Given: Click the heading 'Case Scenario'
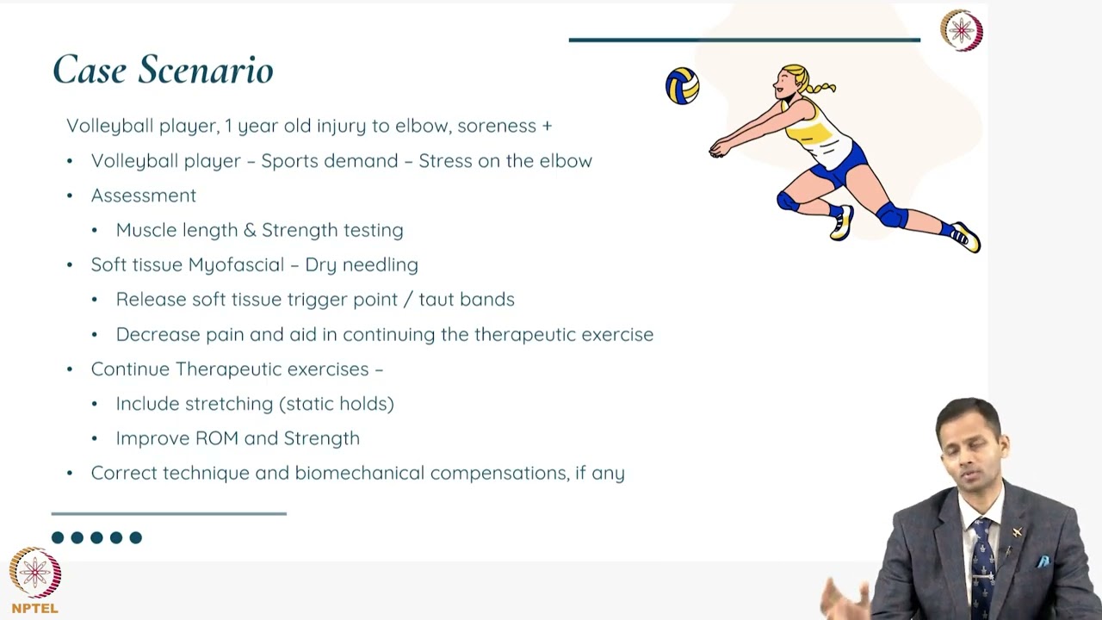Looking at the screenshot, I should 163,70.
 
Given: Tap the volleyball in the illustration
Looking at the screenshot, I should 682,86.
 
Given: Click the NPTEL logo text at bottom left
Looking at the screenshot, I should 35,608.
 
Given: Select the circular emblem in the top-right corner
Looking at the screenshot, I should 961,31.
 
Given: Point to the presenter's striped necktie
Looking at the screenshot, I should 982,568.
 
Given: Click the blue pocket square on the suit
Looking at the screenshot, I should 1043,561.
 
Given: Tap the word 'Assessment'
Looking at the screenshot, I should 144,195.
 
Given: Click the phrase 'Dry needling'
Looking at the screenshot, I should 362,264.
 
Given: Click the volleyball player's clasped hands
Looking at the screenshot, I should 716,151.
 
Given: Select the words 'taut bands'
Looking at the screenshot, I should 467,299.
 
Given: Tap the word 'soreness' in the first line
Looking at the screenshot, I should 497,126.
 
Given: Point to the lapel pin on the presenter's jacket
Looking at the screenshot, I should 1017,533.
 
